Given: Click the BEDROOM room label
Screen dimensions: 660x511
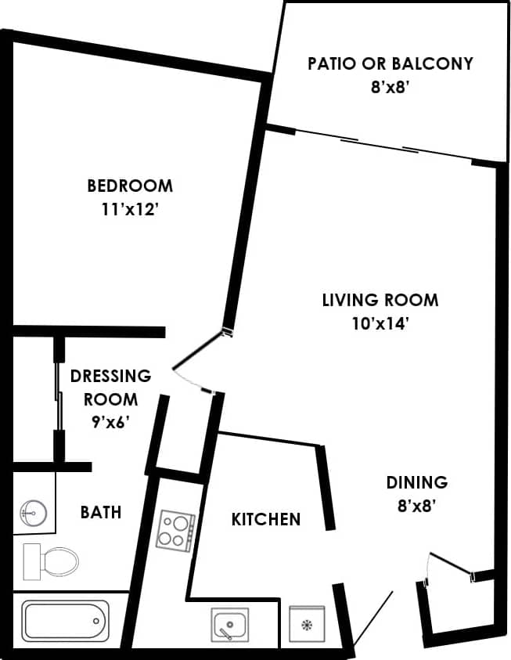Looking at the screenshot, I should (x=130, y=186).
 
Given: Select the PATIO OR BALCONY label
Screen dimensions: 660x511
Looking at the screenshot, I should (x=390, y=63).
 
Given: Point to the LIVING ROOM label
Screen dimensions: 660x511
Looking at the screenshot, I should (x=380, y=300).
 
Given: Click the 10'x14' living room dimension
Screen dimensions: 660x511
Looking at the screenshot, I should (x=380, y=324).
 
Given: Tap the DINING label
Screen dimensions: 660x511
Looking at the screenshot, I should (x=416, y=482).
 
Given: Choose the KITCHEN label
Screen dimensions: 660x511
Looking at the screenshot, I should (x=266, y=519).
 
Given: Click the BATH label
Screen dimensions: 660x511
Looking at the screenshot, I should (x=101, y=512).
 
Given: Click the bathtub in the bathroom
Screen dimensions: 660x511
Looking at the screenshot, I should (x=64, y=622).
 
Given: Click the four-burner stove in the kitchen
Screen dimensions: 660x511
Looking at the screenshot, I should (x=175, y=530).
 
